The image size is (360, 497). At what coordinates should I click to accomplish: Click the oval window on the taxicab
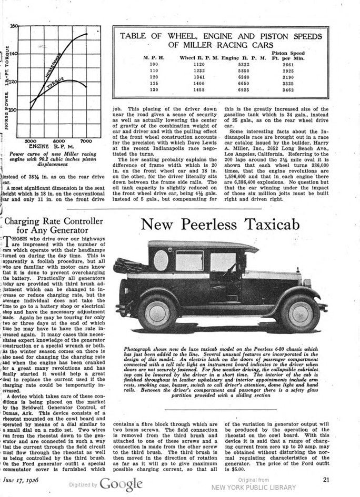click(x=161, y=260)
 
